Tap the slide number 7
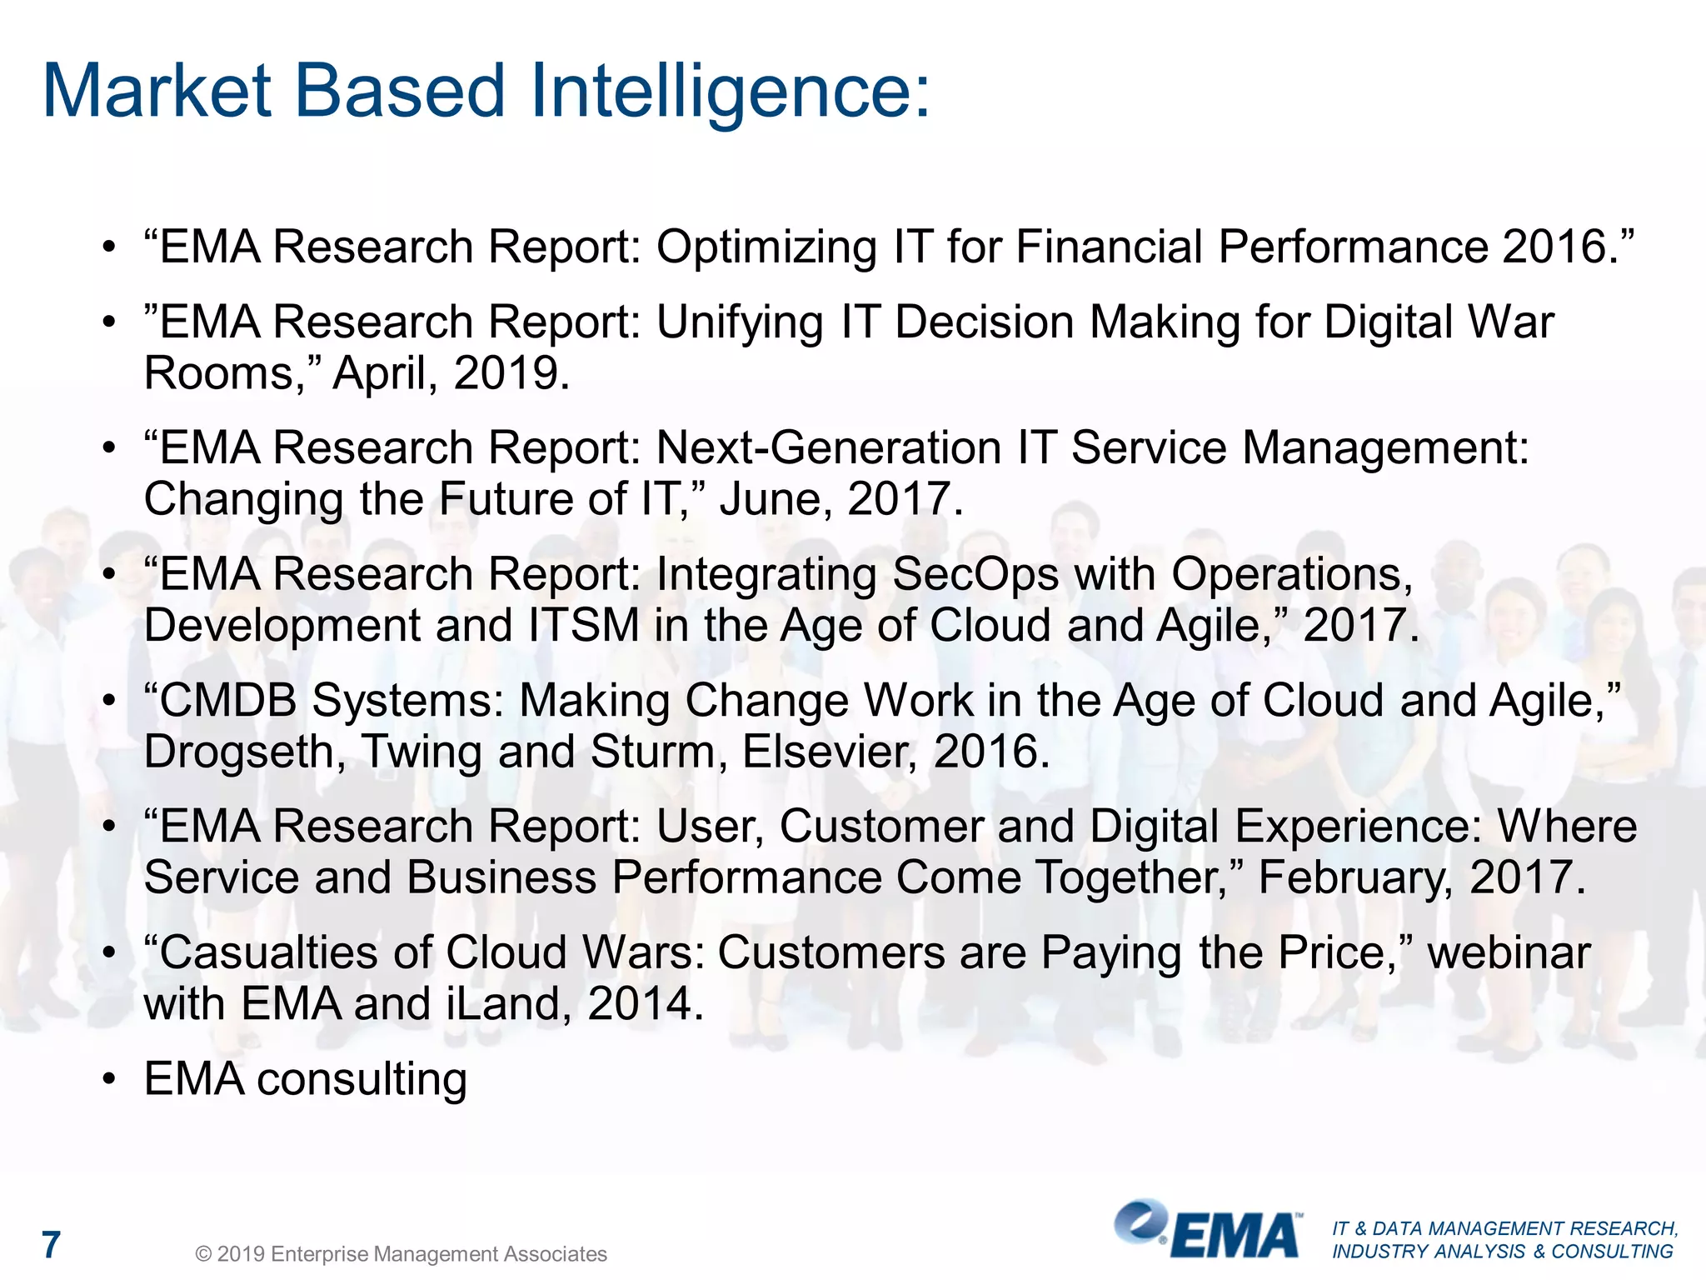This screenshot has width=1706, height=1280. (x=52, y=1245)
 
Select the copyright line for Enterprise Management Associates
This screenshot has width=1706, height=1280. (x=401, y=1254)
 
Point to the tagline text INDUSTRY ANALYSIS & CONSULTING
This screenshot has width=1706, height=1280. (x=1502, y=1252)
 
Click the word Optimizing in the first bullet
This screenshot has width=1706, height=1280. (x=766, y=247)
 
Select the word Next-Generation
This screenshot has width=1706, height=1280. (x=828, y=448)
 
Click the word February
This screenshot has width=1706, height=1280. (x=1354, y=878)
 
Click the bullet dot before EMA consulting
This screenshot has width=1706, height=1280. (x=108, y=1080)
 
